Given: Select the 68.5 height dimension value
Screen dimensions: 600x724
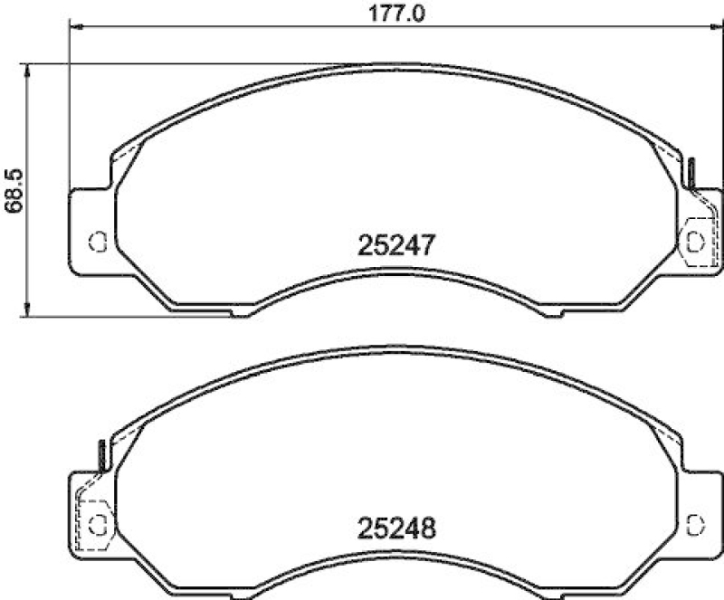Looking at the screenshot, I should [x=14, y=191].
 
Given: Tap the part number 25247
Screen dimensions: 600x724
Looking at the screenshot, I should [x=398, y=244].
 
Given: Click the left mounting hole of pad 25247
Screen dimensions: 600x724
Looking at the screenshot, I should [x=98, y=241].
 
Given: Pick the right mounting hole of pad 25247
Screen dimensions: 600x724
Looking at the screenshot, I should [x=695, y=241].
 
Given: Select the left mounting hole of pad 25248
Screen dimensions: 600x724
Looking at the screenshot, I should [x=98, y=524].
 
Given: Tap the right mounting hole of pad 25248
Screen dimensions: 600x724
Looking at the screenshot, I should [x=695, y=524].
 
